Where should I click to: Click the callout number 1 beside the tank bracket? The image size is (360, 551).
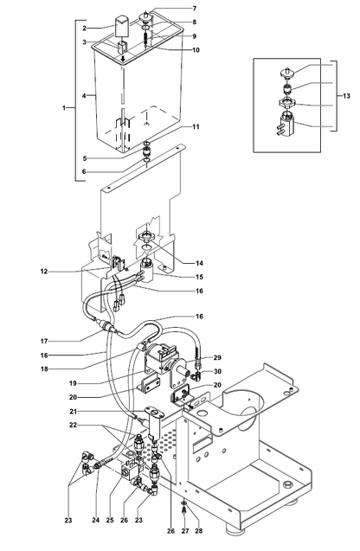(x=64, y=108)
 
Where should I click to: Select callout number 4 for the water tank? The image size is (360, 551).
(x=84, y=95)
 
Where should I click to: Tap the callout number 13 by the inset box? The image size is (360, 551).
(x=346, y=95)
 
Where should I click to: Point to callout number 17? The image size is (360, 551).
(x=44, y=341)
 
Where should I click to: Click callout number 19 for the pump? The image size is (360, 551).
(x=73, y=383)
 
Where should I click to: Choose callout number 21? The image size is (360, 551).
(x=73, y=411)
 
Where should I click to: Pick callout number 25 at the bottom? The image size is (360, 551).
(x=110, y=520)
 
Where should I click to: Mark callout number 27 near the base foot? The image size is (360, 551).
(x=185, y=531)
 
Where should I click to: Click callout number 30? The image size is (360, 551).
(x=217, y=371)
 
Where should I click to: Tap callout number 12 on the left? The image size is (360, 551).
(x=44, y=272)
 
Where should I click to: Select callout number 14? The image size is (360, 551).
(x=199, y=263)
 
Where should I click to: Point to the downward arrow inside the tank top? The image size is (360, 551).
(x=123, y=58)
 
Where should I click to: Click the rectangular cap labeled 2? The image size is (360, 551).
(x=123, y=26)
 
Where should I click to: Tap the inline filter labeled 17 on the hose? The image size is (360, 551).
(x=106, y=325)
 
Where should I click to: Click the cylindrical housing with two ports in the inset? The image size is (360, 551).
(x=287, y=123)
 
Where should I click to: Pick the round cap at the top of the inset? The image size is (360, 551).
(x=287, y=73)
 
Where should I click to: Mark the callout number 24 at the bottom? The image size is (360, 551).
(x=95, y=520)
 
